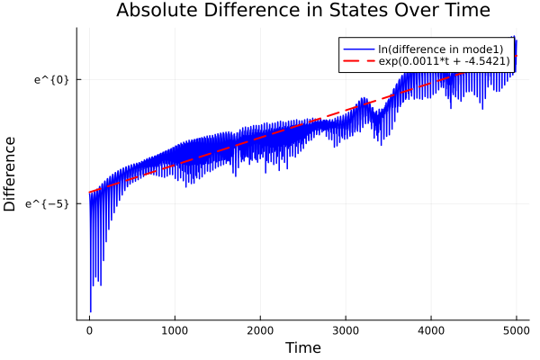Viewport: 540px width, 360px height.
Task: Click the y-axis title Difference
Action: tap(11, 174)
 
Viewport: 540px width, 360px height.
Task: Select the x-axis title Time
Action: tap(302, 347)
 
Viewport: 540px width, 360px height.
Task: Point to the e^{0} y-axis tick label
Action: tap(52, 79)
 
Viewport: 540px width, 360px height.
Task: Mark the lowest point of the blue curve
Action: tap(90, 311)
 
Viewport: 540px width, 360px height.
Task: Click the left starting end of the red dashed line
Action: tap(89, 192)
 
